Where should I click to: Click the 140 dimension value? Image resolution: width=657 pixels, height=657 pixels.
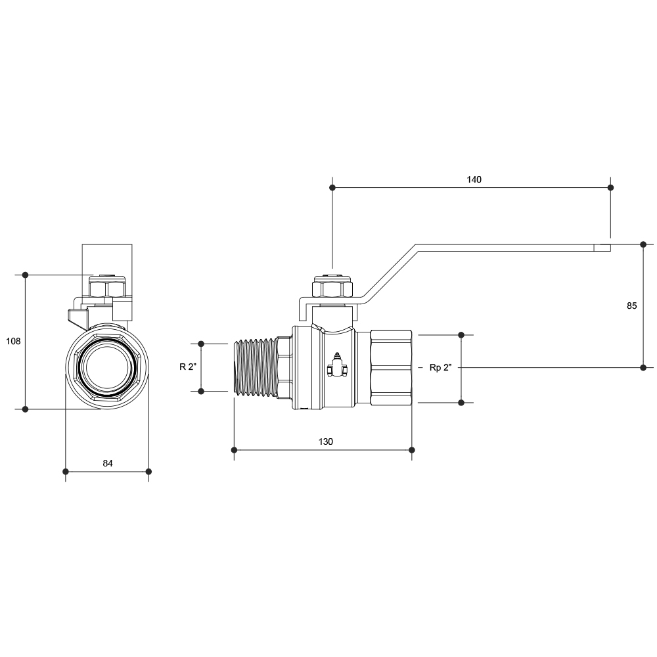tap(474, 179)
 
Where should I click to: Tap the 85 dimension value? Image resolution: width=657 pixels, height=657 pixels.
tap(631, 306)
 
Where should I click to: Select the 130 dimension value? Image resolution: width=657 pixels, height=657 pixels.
tap(326, 442)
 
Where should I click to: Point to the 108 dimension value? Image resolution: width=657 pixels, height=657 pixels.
tap(13, 341)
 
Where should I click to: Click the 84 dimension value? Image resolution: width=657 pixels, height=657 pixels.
tap(108, 463)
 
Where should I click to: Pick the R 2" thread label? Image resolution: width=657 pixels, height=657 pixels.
tap(188, 367)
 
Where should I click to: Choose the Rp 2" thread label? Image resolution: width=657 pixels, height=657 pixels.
tap(440, 367)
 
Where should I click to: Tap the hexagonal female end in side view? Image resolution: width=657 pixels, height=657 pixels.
tap(391, 367)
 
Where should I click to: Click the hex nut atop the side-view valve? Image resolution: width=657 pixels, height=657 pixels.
tap(332, 288)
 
